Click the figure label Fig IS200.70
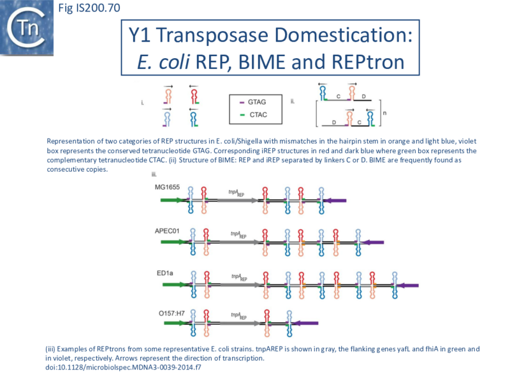[84, 8]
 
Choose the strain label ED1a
[164, 273]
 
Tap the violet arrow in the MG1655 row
[335, 200]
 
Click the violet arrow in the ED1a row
[406, 285]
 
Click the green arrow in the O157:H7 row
[174, 324]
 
